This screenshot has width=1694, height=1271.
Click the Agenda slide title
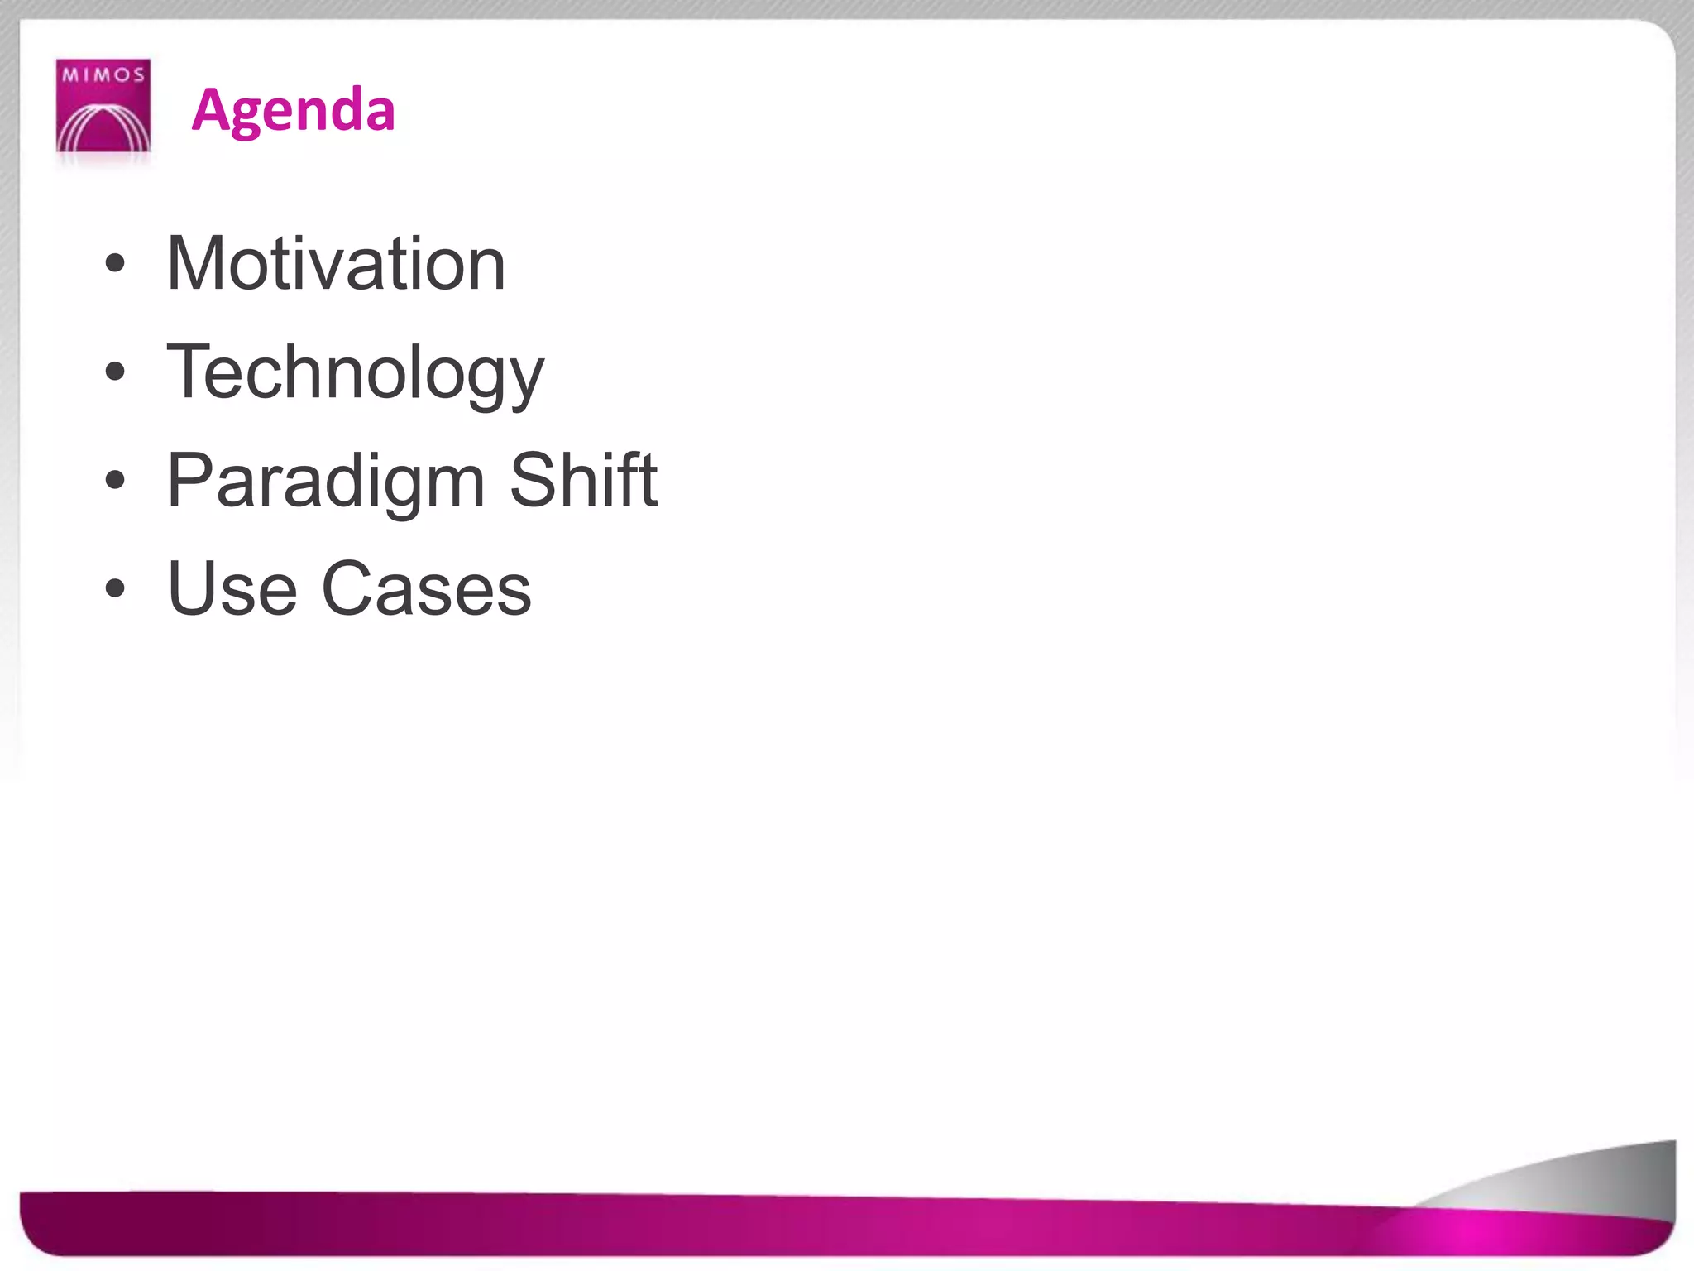click(x=293, y=110)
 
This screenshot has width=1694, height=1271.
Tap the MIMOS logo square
click(x=103, y=105)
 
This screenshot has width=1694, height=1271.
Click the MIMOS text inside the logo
click(x=103, y=75)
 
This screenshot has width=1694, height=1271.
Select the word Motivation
click(x=336, y=264)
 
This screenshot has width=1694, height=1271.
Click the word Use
click(x=232, y=588)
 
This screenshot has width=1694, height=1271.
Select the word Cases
click(x=426, y=588)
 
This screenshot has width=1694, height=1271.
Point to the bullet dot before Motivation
click(x=116, y=265)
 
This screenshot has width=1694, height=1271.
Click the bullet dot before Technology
click(x=116, y=373)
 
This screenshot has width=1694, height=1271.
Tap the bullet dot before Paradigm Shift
click(x=116, y=481)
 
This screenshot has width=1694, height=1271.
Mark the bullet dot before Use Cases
click(x=116, y=589)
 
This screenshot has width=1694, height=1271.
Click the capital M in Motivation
click(x=196, y=264)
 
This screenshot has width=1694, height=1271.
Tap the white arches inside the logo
click(x=103, y=128)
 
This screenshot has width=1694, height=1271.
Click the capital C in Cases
click(x=348, y=588)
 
